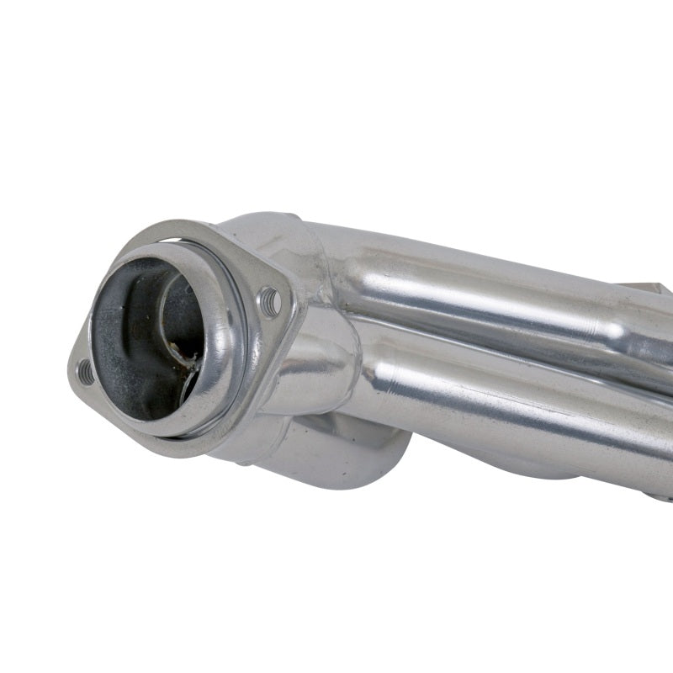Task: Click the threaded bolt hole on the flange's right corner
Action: pos(270,300)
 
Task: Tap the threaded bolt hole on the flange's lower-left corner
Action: pos(85,371)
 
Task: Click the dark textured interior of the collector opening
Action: pos(126,336)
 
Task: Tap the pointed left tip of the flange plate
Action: pos(71,370)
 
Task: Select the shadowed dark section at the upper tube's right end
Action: pos(648,336)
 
